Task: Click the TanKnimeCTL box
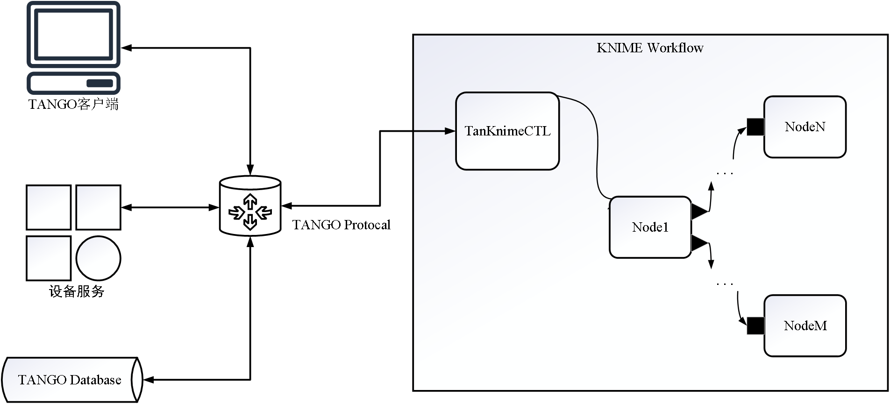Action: [x=507, y=131]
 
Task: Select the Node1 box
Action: [x=650, y=227]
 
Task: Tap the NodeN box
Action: [x=805, y=127]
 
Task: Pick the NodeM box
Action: [x=805, y=326]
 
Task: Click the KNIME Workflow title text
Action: [x=650, y=48]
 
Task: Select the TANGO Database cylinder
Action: [x=70, y=380]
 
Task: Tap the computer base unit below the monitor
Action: [x=73, y=83]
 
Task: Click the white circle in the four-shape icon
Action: [x=98, y=258]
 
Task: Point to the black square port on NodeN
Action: [x=755, y=127]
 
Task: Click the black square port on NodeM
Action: [x=755, y=326]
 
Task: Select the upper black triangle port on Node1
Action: [x=699, y=212]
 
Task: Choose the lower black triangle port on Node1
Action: [x=699, y=243]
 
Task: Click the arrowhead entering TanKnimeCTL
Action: [x=450, y=131]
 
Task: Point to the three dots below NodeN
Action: [x=725, y=174]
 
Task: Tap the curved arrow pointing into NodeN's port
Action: [x=736, y=142]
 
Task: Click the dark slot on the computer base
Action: [x=100, y=83]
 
